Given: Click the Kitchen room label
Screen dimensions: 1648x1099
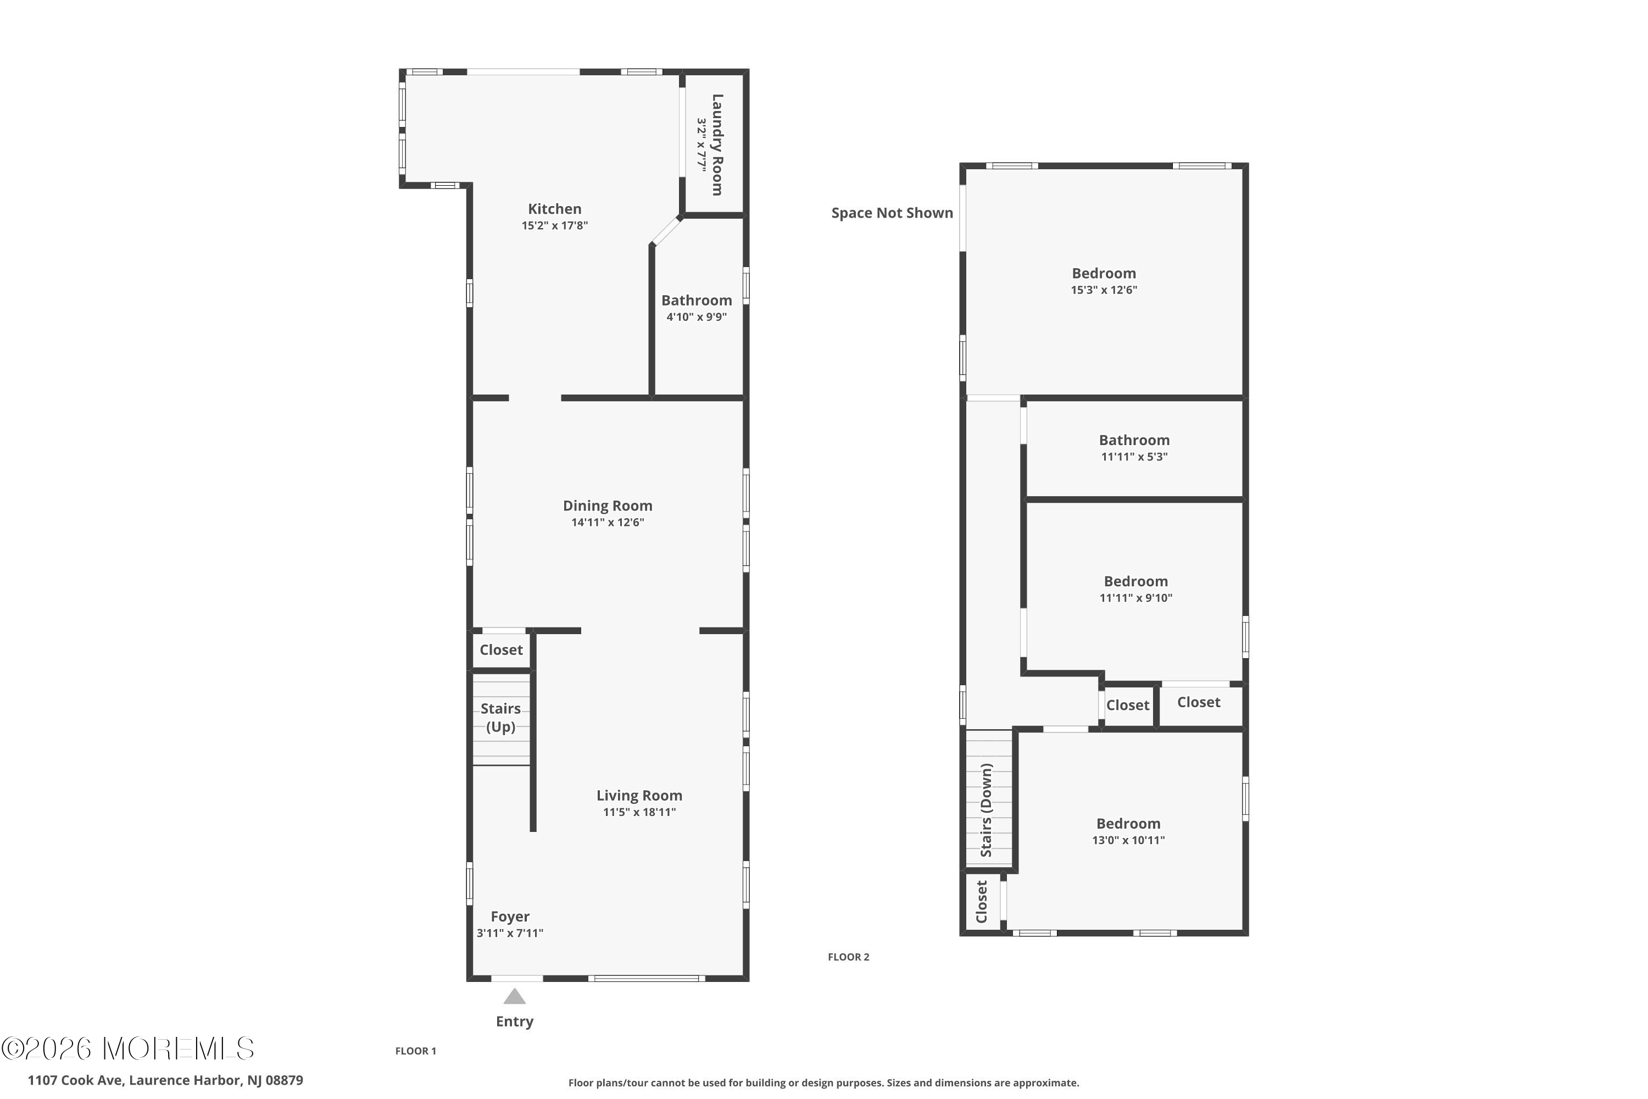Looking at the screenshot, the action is point(554,209).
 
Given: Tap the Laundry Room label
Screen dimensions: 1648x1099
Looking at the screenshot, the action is point(717,145).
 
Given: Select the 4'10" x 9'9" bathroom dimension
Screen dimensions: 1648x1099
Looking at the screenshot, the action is point(697,317).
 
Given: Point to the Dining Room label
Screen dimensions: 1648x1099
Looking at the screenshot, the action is point(608,506).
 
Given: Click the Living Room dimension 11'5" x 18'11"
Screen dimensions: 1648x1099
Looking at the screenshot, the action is point(639,812).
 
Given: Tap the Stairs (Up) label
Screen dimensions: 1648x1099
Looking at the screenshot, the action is point(500,718).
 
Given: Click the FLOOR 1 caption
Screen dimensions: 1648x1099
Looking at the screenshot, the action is point(415,1051).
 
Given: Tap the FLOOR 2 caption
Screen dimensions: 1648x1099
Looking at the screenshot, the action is point(849,957).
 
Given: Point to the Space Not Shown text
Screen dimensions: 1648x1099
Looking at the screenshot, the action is point(892,213).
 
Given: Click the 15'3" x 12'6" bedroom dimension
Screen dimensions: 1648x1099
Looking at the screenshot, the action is point(1104,290).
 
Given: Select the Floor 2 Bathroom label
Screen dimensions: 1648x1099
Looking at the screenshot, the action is point(1134,440).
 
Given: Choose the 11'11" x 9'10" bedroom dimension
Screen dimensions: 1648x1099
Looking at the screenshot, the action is point(1135,598).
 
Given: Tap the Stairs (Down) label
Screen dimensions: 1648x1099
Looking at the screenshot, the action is point(987,809).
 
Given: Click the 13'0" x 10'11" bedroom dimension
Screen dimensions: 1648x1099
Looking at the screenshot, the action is point(1128,840).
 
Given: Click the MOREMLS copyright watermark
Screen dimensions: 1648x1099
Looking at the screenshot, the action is point(127,1048).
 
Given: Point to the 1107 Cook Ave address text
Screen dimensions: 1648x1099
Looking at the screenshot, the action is point(165,1080).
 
